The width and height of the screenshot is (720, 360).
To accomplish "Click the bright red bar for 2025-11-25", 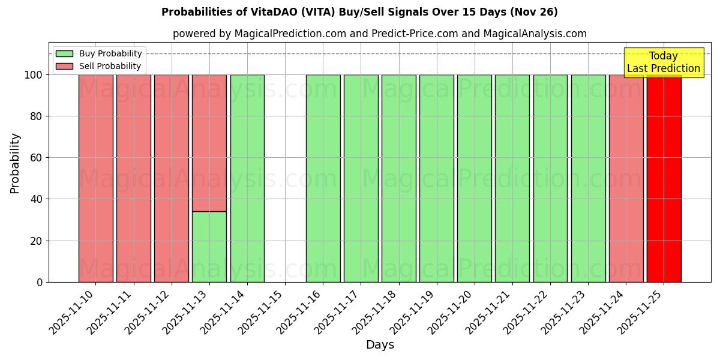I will click(x=664, y=180).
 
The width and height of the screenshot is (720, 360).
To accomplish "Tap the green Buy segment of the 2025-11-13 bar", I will click(x=209, y=247).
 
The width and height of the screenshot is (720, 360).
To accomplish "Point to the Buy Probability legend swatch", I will click(x=64, y=54).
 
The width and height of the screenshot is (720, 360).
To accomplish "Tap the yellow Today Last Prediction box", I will click(x=664, y=62).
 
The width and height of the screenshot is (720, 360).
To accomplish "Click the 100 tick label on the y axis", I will click(x=34, y=75).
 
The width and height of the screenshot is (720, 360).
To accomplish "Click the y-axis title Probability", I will click(x=15, y=163).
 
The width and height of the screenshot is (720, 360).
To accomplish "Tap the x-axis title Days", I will click(x=380, y=345).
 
